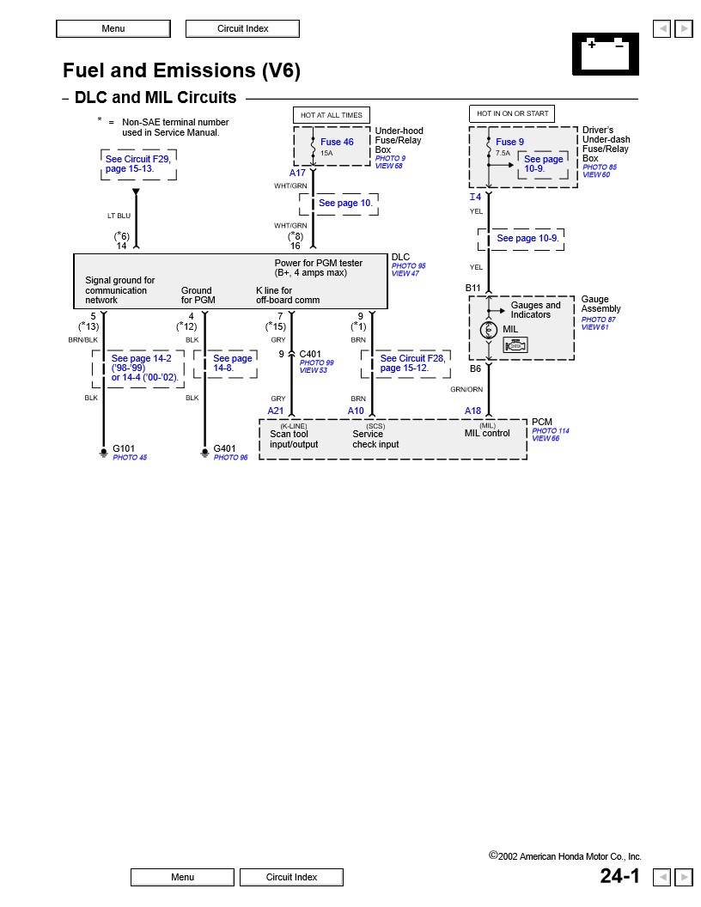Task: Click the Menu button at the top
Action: (113, 28)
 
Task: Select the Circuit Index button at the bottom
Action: (291, 877)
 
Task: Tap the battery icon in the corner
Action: (605, 54)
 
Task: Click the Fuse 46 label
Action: (337, 142)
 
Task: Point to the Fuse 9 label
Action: (509, 142)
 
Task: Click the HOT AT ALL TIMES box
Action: (332, 114)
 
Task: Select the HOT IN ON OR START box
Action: (512, 113)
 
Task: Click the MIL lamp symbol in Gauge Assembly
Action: (489, 330)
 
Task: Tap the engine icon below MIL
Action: (515, 345)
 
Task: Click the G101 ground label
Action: (124, 448)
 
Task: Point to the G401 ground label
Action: (224, 448)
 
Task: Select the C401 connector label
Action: (310, 353)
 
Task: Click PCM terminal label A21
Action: (276, 411)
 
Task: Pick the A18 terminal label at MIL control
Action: (473, 411)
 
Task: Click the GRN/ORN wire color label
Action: (466, 389)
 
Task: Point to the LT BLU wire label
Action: (119, 216)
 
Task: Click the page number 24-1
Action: (620, 876)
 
